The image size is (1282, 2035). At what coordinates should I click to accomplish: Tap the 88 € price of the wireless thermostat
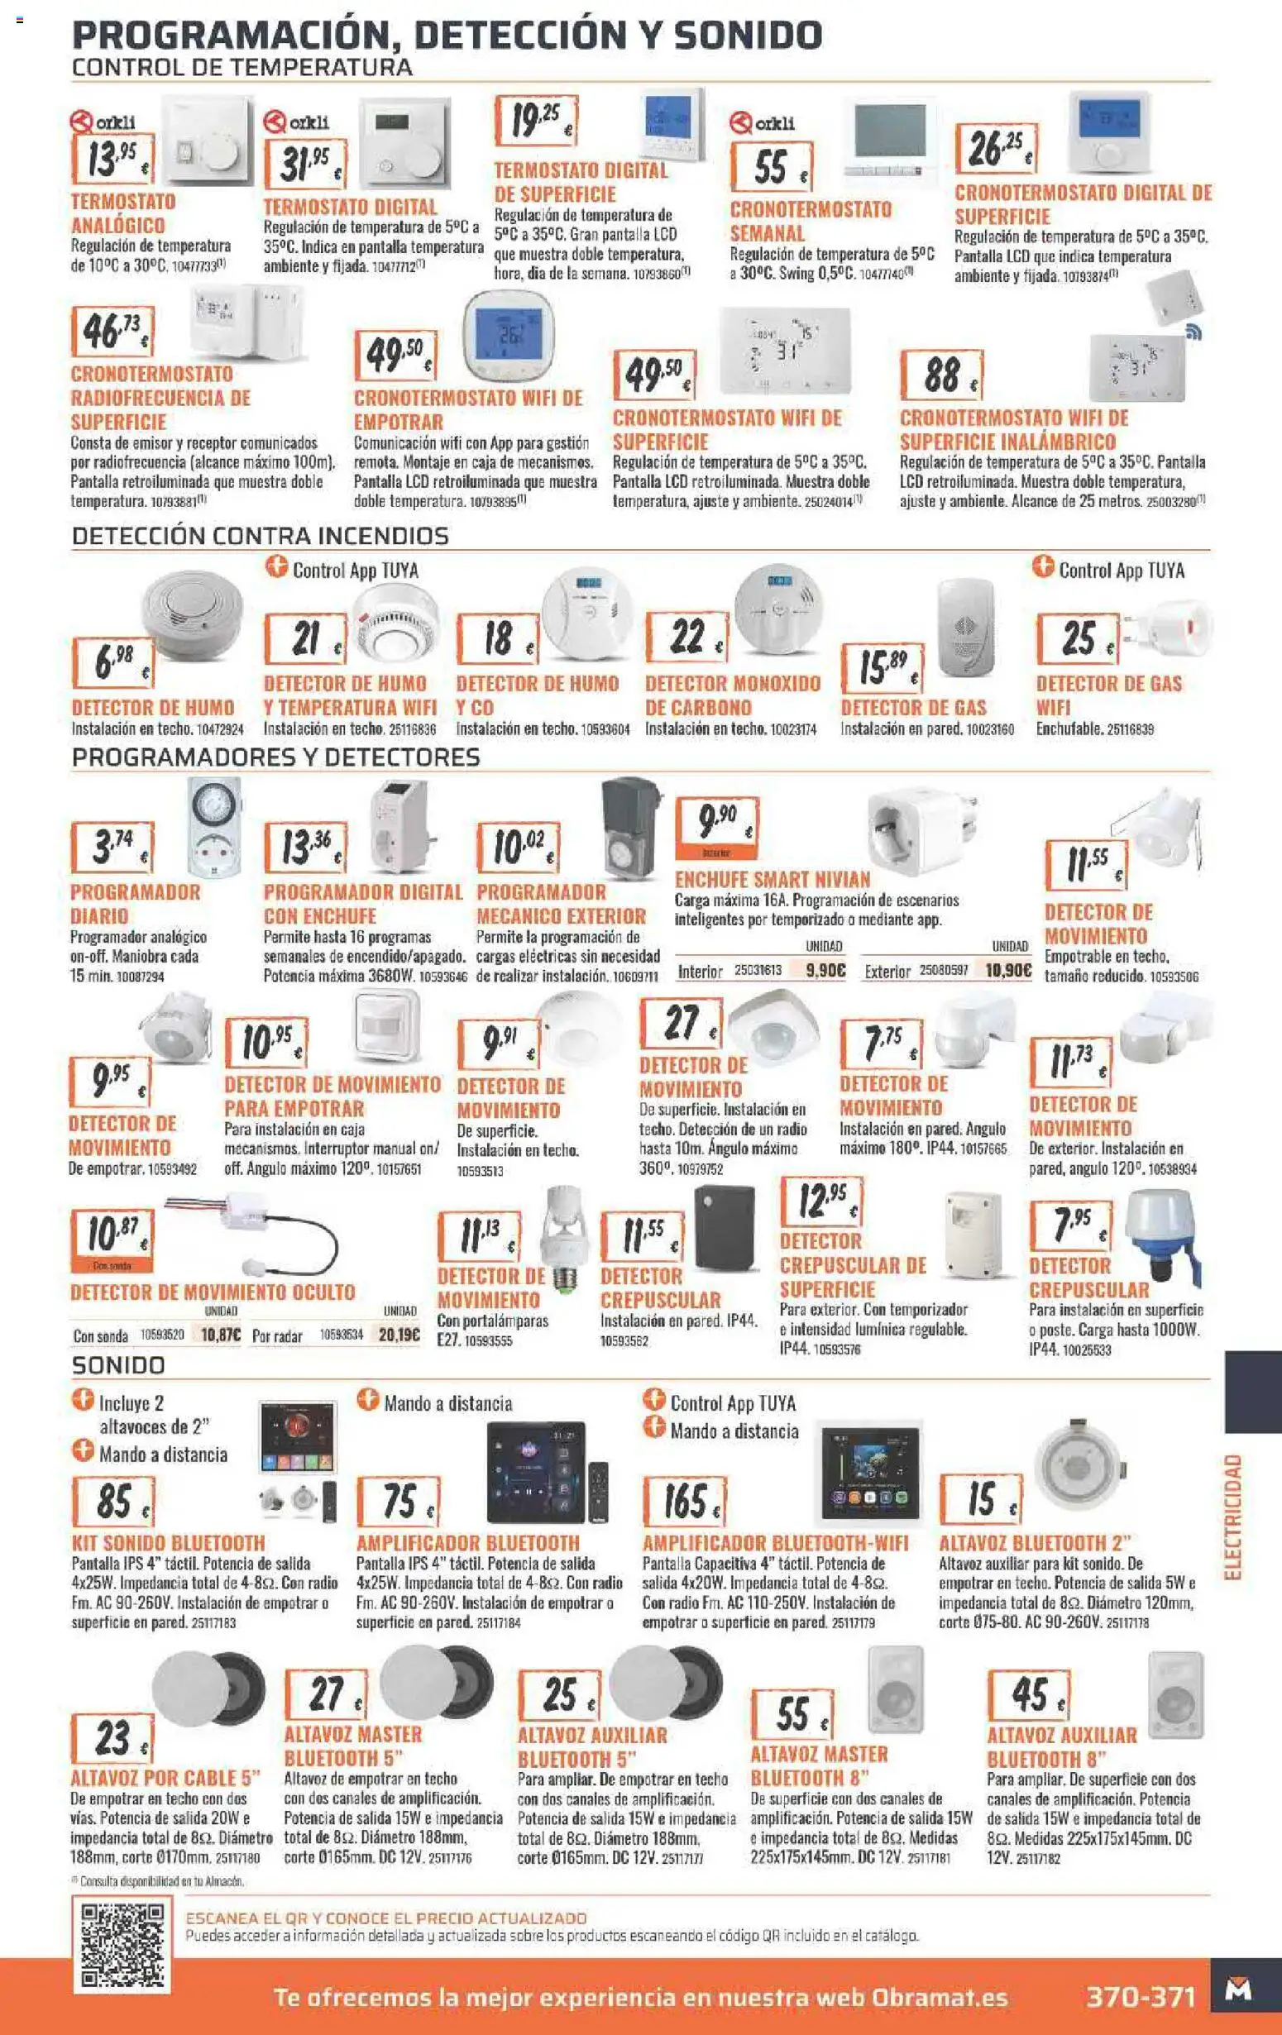(942, 375)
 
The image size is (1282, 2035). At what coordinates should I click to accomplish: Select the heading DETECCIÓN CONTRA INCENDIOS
(261, 535)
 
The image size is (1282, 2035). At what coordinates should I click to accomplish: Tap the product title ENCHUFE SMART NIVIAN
(773, 879)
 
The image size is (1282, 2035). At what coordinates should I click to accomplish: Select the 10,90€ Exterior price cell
(1008, 971)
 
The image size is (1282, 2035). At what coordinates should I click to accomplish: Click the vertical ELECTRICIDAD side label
(1234, 1517)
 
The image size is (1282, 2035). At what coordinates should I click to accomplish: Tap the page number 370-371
(1141, 1997)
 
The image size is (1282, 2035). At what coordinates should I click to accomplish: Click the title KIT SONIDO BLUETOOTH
(167, 1542)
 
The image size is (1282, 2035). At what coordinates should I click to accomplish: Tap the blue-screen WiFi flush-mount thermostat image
(507, 337)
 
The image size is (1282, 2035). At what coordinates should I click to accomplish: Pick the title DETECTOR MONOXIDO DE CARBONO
(733, 695)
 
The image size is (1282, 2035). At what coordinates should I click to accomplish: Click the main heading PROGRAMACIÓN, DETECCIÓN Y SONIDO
(447, 36)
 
